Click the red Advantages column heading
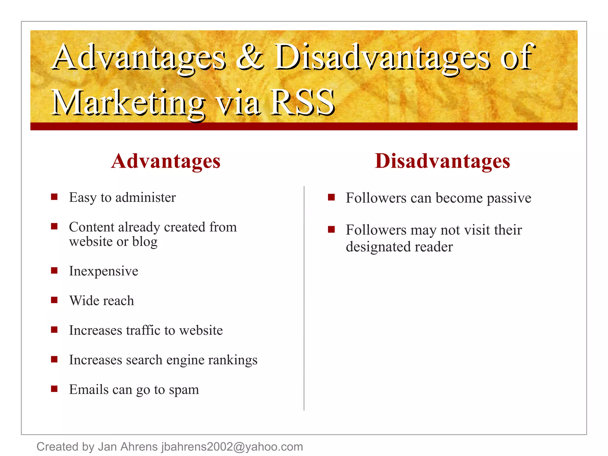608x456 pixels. click(166, 161)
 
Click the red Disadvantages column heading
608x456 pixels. click(442, 161)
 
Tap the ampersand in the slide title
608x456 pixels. click(250, 57)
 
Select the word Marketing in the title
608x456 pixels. click(128, 102)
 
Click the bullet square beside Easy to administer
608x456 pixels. click(54, 197)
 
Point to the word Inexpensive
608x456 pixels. click(104, 271)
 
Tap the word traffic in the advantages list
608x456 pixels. click(143, 330)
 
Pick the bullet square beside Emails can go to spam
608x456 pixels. click(54, 389)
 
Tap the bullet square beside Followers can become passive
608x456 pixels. click(331, 197)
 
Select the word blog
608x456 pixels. click(145, 242)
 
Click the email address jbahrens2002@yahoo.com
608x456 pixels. click(232, 447)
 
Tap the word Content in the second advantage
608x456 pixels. click(91, 227)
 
